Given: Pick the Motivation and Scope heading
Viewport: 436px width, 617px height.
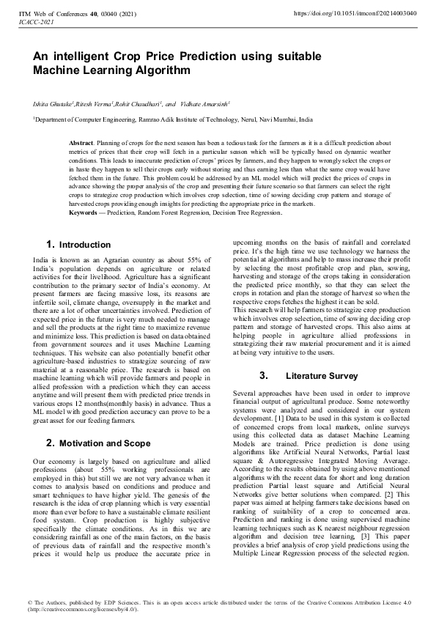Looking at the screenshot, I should coord(100,443).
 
